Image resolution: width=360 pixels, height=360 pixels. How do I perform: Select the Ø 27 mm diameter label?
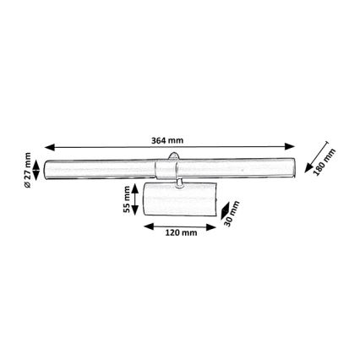pos(28,169)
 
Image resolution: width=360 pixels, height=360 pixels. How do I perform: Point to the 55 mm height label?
pos(128,199)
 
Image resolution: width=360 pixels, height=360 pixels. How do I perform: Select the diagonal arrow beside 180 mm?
pos(314,156)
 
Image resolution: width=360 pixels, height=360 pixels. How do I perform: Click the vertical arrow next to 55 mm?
pos(136,199)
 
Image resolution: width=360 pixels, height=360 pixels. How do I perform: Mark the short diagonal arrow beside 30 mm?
pos(223,208)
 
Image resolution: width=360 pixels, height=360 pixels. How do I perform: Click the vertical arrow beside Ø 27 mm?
pos(36,168)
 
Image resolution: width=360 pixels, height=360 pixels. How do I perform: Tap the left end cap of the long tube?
pos(47,168)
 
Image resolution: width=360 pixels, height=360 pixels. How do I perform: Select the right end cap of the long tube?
pos(295,168)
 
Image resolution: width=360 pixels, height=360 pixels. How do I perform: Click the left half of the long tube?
pos(106,168)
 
